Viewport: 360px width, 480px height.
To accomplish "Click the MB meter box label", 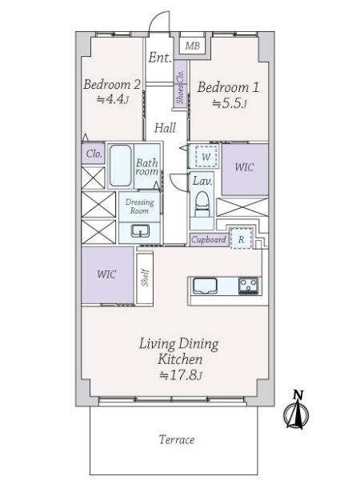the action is click(x=193, y=46).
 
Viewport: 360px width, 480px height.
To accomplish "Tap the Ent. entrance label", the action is click(x=160, y=58).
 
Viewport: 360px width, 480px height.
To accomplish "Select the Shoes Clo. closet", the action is click(x=180, y=84).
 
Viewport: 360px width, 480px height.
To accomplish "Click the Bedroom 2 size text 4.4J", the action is click(x=112, y=99).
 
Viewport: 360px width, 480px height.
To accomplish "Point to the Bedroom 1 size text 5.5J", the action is click(x=230, y=103).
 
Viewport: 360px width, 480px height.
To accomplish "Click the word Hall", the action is click(x=165, y=128).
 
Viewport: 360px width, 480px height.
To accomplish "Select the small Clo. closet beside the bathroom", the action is click(x=94, y=153).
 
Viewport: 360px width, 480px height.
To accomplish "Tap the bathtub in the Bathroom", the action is click(x=120, y=166).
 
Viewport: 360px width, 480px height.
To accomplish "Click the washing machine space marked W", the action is click(x=206, y=157).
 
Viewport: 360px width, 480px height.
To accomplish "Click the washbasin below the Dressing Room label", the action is click(x=140, y=231).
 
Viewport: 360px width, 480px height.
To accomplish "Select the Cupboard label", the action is click(x=209, y=239).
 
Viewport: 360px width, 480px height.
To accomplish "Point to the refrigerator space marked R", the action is click(x=242, y=238).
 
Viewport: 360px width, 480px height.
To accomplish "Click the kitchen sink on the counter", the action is click(x=205, y=286).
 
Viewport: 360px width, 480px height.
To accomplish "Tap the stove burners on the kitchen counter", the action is click(x=249, y=286).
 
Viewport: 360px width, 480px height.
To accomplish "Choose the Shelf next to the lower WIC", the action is click(x=145, y=278).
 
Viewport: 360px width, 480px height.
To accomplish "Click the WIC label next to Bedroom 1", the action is click(x=244, y=167).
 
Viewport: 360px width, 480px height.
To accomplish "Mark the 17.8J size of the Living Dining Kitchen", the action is click(x=181, y=375).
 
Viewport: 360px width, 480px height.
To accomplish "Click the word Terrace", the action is click(x=177, y=439).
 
